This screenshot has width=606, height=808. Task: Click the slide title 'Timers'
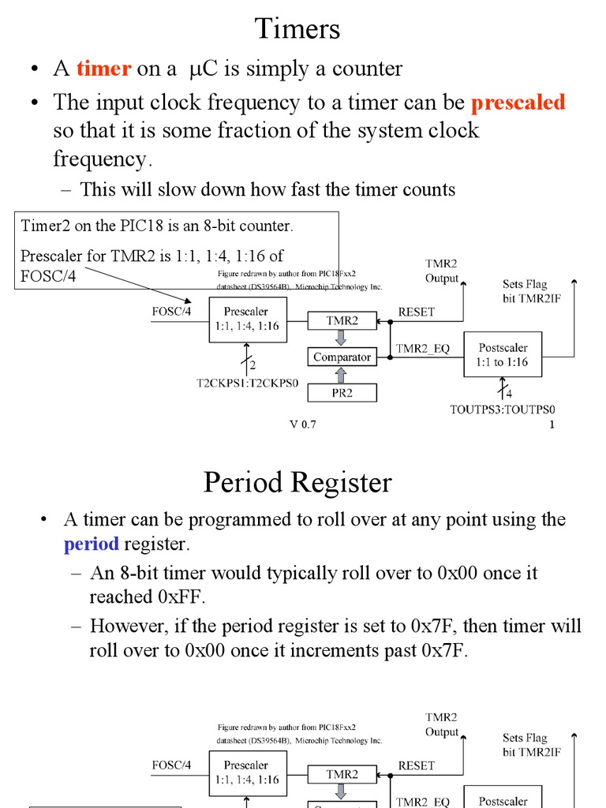[x=297, y=29]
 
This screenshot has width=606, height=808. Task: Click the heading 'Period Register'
[x=297, y=481]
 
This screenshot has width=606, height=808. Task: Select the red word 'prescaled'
[x=518, y=103]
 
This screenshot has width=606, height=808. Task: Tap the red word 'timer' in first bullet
[x=103, y=69]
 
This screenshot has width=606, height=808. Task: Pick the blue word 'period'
[x=92, y=544]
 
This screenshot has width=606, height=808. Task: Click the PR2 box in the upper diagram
[x=342, y=391]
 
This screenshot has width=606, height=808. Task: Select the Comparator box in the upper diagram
[x=342, y=357]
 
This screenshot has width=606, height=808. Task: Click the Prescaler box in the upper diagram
[x=247, y=319]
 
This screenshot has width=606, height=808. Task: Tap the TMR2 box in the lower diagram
[x=342, y=774]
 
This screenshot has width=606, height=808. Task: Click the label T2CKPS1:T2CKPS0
[x=248, y=384]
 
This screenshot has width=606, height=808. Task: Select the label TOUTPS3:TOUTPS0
[x=503, y=410]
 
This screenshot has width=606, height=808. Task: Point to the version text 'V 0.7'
[x=302, y=425]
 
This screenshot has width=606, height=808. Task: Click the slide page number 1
[x=552, y=425]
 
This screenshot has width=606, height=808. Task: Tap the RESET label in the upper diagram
[x=416, y=312]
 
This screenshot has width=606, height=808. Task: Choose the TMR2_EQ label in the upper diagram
[x=422, y=348]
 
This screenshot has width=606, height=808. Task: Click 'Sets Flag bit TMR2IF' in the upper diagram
[x=531, y=290]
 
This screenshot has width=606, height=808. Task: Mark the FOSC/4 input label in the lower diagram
[x=171, y=765]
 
